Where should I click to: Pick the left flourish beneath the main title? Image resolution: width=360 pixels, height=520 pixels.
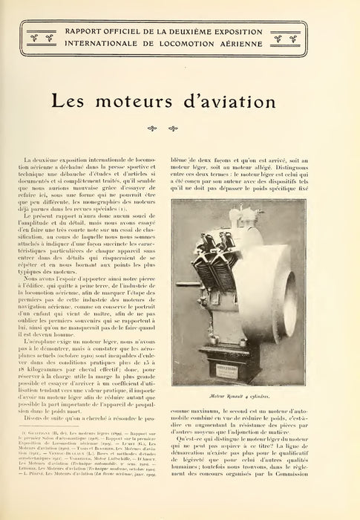[x=174, y=127]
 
